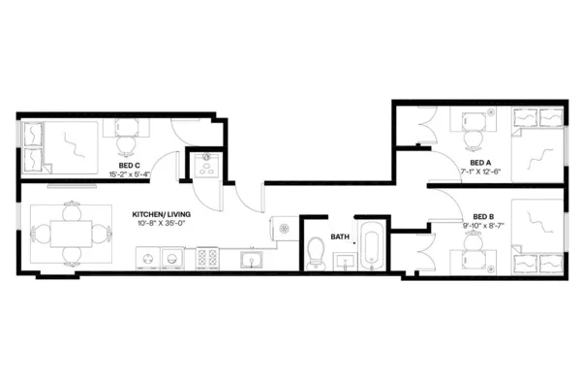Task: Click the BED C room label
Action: [x=130, y=167]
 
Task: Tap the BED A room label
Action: [x=479, y=163]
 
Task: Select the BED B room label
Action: [x=483, y=216]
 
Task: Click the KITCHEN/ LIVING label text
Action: [x=160, y=213]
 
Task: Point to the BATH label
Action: [x=340, y=236]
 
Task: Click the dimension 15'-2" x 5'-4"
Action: [x=130, y=175]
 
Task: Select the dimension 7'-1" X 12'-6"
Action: [x=479, y=172]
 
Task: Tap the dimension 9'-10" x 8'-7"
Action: [x=483, y=225]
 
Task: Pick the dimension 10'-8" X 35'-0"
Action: [x=160, y=223]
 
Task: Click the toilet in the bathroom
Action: [x=315, y=254]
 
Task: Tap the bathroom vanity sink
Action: [x=343, y=261]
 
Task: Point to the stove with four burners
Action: [x=206, y=258]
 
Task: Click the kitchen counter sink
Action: [x=251, y=259]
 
